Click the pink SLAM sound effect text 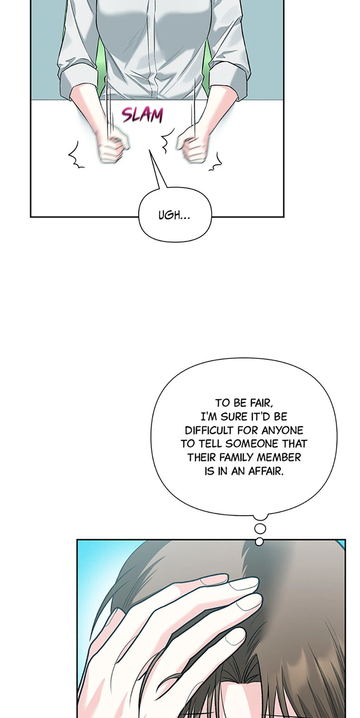click(142, 115)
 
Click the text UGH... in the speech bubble click(174, 215)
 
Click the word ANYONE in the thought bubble click(282, 430)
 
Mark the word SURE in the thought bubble click(235, 416)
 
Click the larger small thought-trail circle click(260, 529)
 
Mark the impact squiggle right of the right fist click(216, 162)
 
